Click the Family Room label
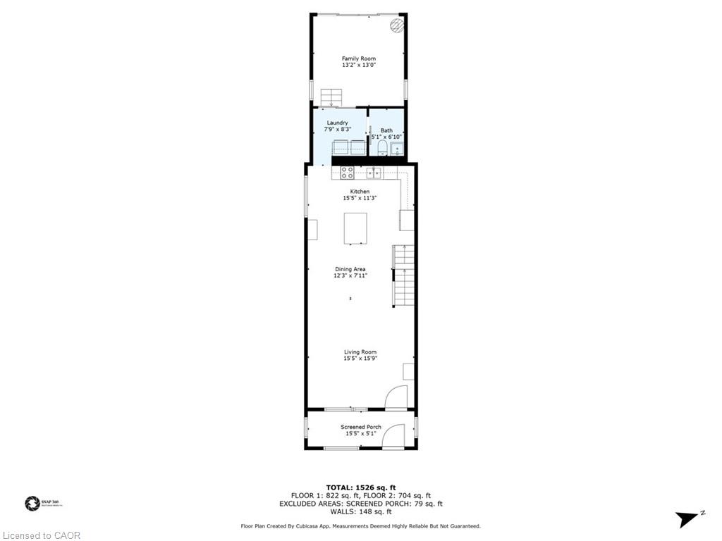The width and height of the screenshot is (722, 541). point(358,58)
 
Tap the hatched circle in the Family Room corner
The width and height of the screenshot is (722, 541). point(397,26)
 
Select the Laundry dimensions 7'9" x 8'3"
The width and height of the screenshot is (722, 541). point(337,129)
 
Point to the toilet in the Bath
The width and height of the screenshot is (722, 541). point(381,147)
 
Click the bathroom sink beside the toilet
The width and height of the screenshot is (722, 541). point(397,149)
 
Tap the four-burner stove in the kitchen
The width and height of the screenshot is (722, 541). point(348,172)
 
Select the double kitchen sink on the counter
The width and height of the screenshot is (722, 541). point(374,172)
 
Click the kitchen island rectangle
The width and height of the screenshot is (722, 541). point(355,228)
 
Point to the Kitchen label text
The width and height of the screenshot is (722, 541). point(360,192)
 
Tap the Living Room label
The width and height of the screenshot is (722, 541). point(360,352)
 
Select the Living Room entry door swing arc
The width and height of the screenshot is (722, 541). point(396,397)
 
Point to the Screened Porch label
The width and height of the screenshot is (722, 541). point(360,427)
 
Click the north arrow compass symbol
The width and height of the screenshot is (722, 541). point(688,518)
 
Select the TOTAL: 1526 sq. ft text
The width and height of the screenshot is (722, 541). point(360,487)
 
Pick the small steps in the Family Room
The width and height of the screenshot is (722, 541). point(330,97)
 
